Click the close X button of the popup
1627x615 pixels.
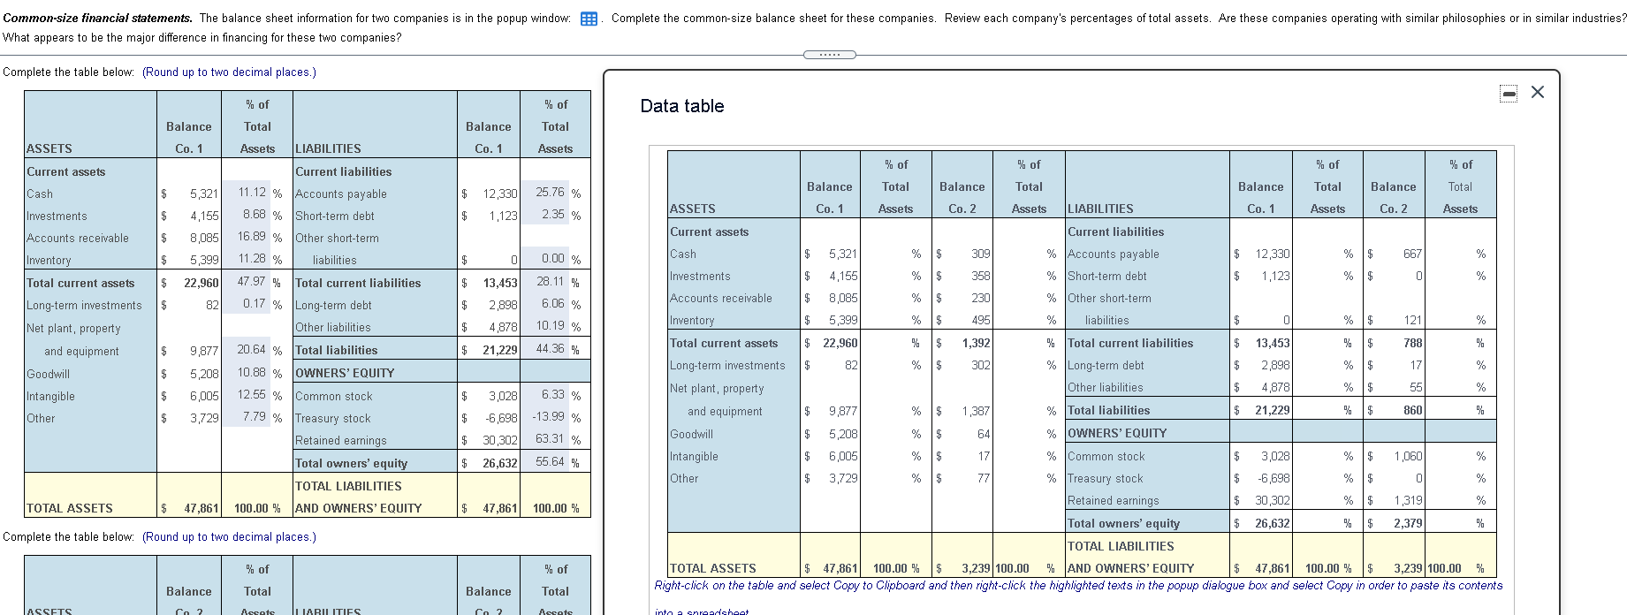(x=1538, y=92)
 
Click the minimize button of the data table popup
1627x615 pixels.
(x=1509, y=93)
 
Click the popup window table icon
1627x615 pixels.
(x=589, y=19)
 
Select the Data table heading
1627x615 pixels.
(x=681, y=106)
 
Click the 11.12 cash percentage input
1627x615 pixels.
(x=252, y=193)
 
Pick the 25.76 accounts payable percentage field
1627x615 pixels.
(x=550, y=193)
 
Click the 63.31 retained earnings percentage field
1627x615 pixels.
(x=550, y=439)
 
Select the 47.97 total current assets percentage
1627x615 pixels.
(x=252, y=282)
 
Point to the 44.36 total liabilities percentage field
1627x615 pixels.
(x=550, y=349)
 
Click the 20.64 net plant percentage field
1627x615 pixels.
(x=252, y=350)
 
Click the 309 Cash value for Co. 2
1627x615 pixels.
(x=980, y=254)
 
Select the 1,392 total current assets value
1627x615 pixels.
(x=976, y=343)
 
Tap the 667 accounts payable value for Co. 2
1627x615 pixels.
(x=1412, y=254)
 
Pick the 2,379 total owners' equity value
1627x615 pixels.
(x=1408, y=523)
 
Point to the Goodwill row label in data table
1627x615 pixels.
(x=691, y=434)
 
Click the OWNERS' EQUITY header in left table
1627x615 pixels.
(x=345, y=373)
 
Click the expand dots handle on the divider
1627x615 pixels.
(x=829, y=55)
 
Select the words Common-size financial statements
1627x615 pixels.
(x=97, y=18)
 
